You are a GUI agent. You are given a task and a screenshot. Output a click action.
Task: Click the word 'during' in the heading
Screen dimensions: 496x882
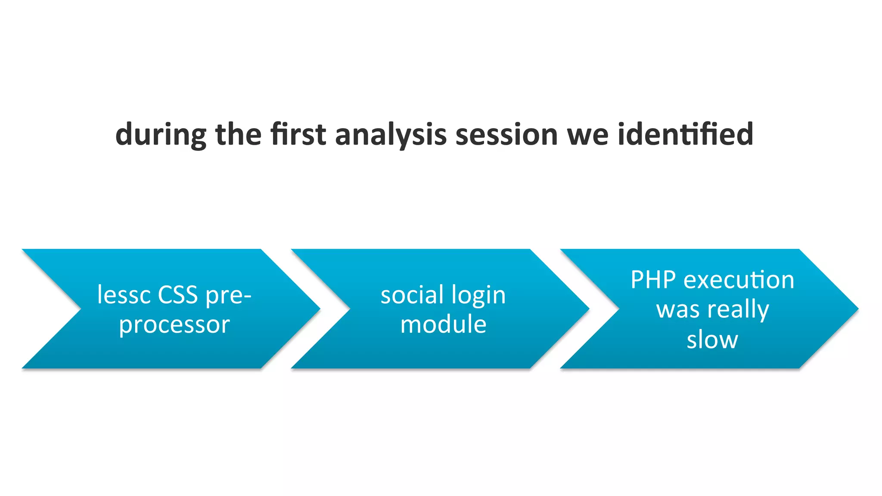[161, 134]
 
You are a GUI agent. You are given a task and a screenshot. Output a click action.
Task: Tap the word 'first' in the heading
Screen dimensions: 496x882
[298, 134]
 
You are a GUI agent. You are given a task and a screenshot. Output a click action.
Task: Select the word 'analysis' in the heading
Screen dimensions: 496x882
[391, 134]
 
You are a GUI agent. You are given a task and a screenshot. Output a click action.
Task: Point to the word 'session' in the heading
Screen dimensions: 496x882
[506, 134]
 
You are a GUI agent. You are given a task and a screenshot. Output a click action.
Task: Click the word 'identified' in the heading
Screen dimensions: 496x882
[685, 134]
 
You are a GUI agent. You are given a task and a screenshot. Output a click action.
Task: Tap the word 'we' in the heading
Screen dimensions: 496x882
[587, 134]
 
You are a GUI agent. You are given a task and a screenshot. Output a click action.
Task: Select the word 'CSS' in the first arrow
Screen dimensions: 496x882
[177, 295]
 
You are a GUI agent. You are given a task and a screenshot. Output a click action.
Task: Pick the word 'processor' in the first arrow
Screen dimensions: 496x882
[174, 325]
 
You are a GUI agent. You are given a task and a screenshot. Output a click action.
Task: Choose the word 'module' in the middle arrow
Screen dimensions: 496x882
[443, 325]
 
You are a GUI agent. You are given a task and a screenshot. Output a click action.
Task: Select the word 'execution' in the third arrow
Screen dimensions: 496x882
[739, 280]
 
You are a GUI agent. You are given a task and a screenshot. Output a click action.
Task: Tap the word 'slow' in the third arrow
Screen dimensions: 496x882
[712, 340]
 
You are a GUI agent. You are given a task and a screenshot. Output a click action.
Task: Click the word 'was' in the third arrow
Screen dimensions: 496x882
[678, 310]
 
